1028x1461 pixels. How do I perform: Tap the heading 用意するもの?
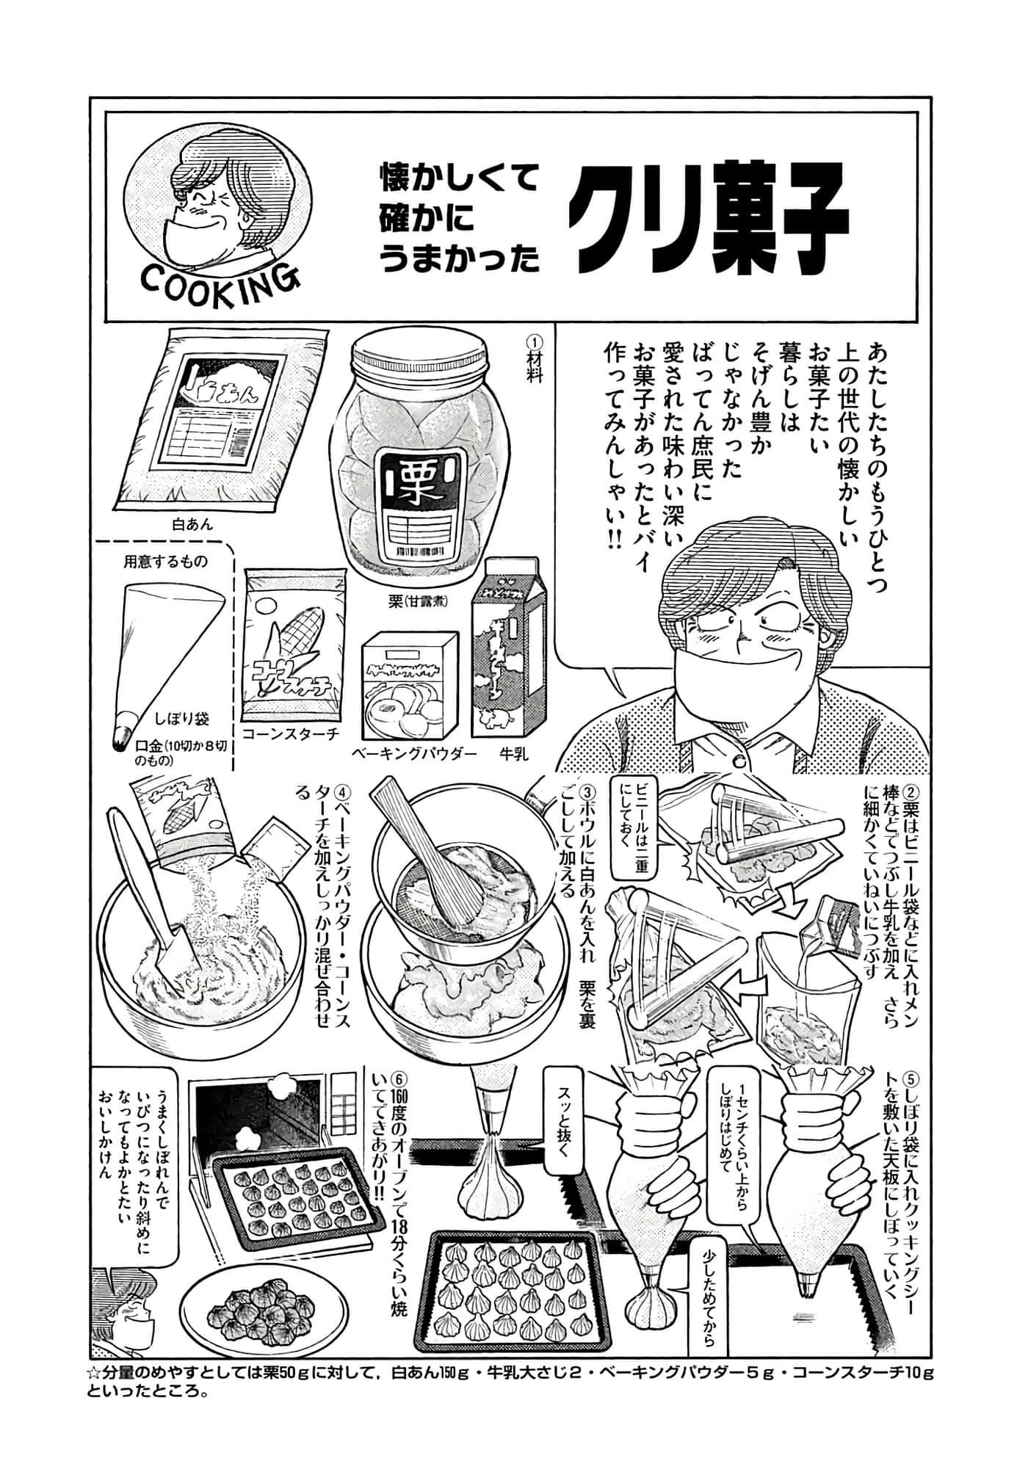pyautogui.click(x=165, y=562)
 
